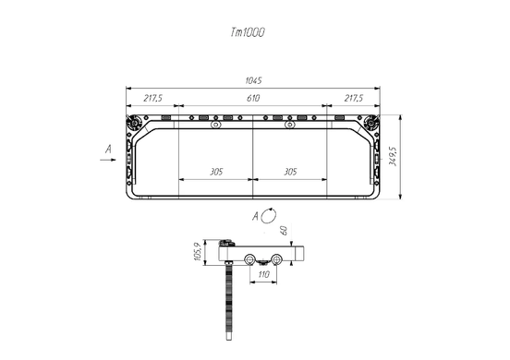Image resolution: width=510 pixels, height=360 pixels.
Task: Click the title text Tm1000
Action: click(248, 32)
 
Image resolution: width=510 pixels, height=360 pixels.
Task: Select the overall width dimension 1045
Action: click(253, 80)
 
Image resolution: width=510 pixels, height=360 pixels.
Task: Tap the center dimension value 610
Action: click(253, 98)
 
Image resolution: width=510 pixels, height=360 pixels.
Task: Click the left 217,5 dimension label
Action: click(152, 98)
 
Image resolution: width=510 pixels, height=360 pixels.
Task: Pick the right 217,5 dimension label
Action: click(354, 98)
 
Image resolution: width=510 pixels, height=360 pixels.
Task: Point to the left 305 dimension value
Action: click(216, 171)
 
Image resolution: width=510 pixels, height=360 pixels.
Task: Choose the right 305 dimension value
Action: click(290, 171)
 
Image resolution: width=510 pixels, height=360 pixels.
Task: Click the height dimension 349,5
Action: click(393, 156)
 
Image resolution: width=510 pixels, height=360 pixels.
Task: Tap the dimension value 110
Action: click(263, 274)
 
